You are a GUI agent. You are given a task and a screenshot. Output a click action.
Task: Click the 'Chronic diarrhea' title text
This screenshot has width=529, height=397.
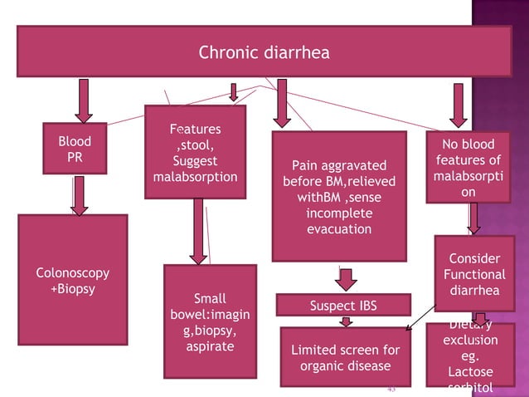coord(264,53)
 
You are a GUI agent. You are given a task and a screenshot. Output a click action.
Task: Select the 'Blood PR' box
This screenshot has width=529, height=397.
coord(75,149)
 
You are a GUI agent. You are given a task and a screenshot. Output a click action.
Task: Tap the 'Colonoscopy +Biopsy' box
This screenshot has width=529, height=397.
coord(72,280)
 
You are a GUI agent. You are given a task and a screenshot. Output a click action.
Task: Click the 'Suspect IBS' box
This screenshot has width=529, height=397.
coord(342,306)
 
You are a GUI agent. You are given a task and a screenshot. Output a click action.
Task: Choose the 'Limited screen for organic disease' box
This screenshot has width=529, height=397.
coord(345,358)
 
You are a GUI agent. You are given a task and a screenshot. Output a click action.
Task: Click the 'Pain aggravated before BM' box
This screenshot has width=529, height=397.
coord(339,196)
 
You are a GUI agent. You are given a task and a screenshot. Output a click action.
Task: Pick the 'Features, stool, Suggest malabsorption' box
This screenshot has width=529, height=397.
coord(195,153)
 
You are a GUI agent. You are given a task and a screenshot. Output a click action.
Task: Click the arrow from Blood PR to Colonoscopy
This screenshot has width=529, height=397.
coord(79,194)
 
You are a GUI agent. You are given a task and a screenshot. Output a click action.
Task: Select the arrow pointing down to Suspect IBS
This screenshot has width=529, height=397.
coord(346,278)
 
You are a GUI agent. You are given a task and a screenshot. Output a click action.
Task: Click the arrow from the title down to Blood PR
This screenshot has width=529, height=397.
coord(84,99)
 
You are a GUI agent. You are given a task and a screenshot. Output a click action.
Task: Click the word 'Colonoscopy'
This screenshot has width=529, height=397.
coord(72,273)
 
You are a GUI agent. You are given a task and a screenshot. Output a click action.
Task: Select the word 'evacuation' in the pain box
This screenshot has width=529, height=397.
coord(339,229)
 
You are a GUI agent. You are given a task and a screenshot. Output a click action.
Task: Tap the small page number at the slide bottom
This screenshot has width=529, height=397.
coord(391,388)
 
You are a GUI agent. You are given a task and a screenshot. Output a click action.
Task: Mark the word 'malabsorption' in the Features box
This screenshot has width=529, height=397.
coord(195,177)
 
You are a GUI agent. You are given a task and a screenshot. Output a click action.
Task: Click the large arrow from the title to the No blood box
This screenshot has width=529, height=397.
coord(454,103)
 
